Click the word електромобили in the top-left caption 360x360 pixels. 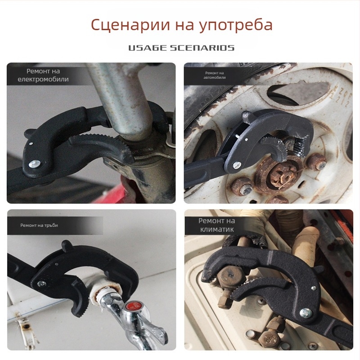(43, 80)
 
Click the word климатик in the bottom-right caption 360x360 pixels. (216, 229)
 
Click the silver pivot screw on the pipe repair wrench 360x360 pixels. (41, 284)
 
